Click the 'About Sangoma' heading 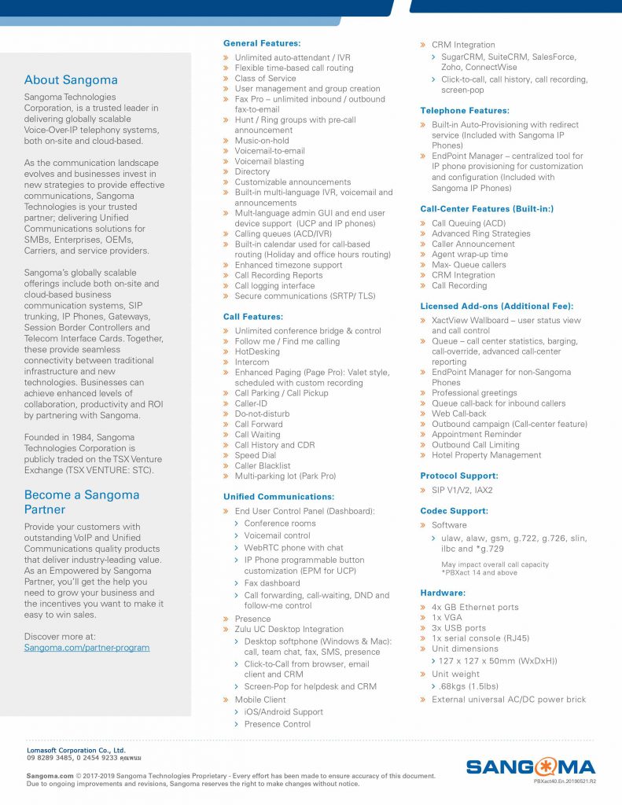pyautogui.click(x=71, y=79)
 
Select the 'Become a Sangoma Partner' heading pyautogui.click(x=81, y=502)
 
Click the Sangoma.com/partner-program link pyautogui.click(x=86, y=647)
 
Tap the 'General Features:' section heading pyautogui.click(x=262, y=43)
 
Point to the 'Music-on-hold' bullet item pyautogui.click(x=262, y=141)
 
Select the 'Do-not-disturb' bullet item pyautogui.click(x=262, y=414)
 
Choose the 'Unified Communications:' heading pyautogui.click(x=279, y=497)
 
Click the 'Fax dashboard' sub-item pyautogui.click(x=272, y=583)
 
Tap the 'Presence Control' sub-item pyautogui.click(x=278, y=724)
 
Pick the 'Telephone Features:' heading pyautogui.click(x=465, y=111)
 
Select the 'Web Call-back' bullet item pyautogui.click(x=458, y=414)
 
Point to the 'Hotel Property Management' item pyautogui.click(x=486, y=455)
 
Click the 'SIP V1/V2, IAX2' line pyautogui.click(x=462, y=490)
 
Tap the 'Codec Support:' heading pyautogui.click(x=455, y=511)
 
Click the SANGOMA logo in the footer pyautogui.click(x=531, y=767)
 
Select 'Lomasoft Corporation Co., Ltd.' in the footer pyautogui.click(x=76, y=751)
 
